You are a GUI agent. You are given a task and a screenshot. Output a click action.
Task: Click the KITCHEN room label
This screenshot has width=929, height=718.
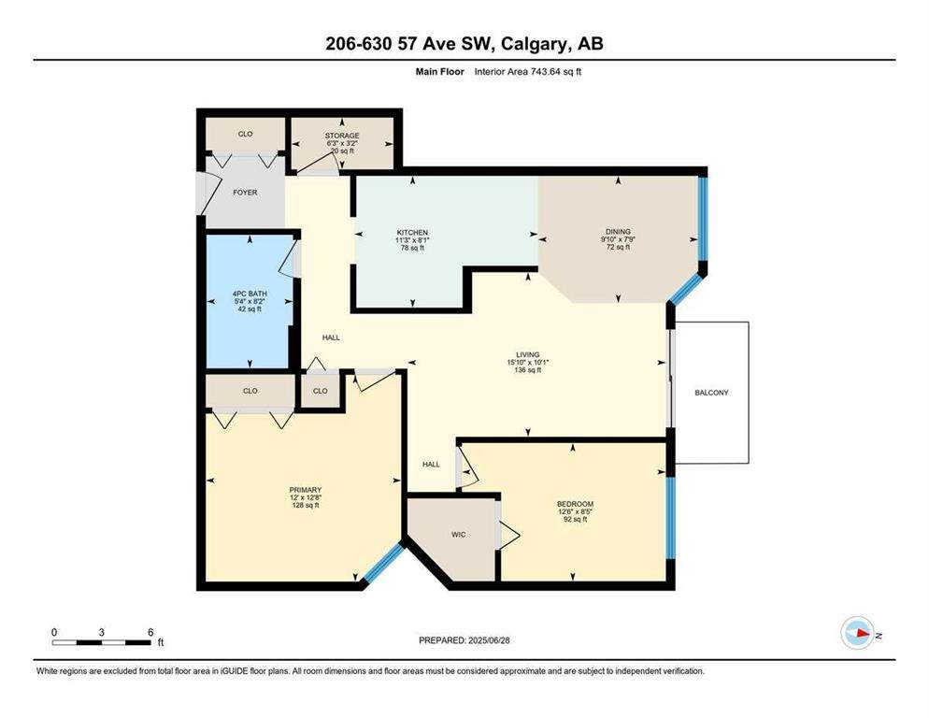coord(412,232)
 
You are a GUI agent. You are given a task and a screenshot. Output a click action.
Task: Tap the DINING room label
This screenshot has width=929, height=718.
coord(618,232)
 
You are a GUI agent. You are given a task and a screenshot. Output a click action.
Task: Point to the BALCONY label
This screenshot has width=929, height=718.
coord(711,393)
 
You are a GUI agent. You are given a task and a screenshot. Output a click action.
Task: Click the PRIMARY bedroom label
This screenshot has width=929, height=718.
coord(305,490)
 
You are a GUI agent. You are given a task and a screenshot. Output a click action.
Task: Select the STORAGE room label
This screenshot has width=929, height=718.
coord(342,136)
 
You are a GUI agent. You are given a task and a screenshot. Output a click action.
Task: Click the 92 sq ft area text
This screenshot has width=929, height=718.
coord(575,520)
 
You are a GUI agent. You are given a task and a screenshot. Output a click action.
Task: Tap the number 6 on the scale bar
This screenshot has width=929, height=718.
coord(150,632)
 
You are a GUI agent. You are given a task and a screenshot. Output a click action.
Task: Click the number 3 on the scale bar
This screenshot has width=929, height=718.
coord(102,632)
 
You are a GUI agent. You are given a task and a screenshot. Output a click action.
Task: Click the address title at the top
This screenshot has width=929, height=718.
coord(464,43)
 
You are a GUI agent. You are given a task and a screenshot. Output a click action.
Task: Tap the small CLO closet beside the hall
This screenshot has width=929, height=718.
coord(321,391)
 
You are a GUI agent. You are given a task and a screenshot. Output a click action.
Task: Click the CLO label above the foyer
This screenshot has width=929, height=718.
coord(246,135)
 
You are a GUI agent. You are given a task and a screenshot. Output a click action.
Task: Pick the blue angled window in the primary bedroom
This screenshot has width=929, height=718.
coord(384,565)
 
